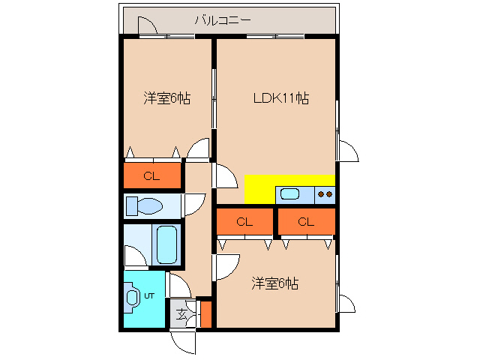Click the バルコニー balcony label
click(223, 19)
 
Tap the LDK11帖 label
click(281, 97)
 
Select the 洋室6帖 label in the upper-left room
click(166, 98)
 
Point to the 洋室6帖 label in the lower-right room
click(275, 283)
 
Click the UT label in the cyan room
click(149, 296)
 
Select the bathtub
click(167, 244)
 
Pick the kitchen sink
click(289, 195)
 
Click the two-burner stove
click(325, 194)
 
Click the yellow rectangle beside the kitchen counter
click(259, 188)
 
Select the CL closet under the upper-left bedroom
click(152, 177)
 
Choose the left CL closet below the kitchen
click(244, 222)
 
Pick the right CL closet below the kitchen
click(305, 222)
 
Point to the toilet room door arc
click(193, 203)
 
